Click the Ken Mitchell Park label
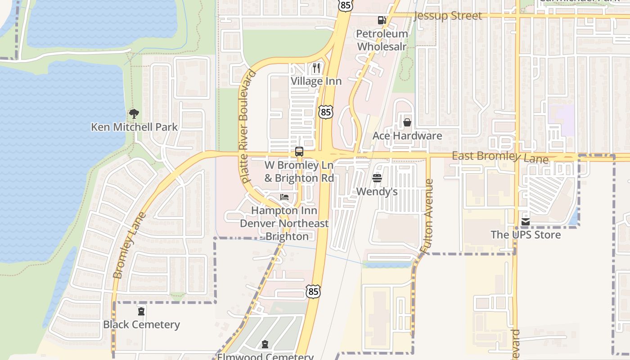point(135,127)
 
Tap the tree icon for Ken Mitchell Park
point(134,114)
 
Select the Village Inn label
point(316,81)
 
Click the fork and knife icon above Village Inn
point(316,68)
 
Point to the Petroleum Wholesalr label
point(382,40)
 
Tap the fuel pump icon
point(382,20)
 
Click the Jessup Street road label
point(447,16)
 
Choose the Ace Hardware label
point(407,135)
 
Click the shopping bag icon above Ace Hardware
point(407,122)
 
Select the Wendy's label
point(377,191)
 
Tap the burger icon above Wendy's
point(377,178)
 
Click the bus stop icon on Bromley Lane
point(299,152)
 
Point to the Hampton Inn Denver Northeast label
point(284,223)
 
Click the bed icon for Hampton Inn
point(284,197)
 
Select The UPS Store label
point(526,234)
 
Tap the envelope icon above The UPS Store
point(526,222)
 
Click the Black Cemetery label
point(141,324)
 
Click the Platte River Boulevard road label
point(245,126)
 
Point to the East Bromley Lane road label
point(500,157)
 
